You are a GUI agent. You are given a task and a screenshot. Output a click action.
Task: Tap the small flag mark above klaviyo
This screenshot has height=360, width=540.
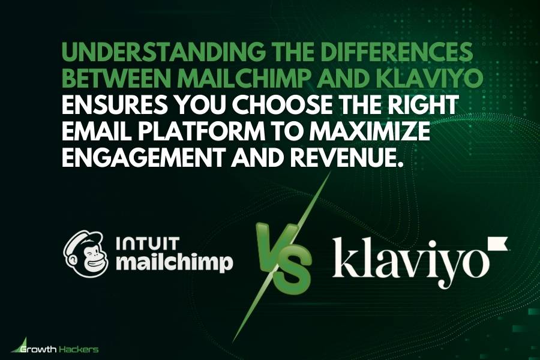(x=499, y=243)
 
